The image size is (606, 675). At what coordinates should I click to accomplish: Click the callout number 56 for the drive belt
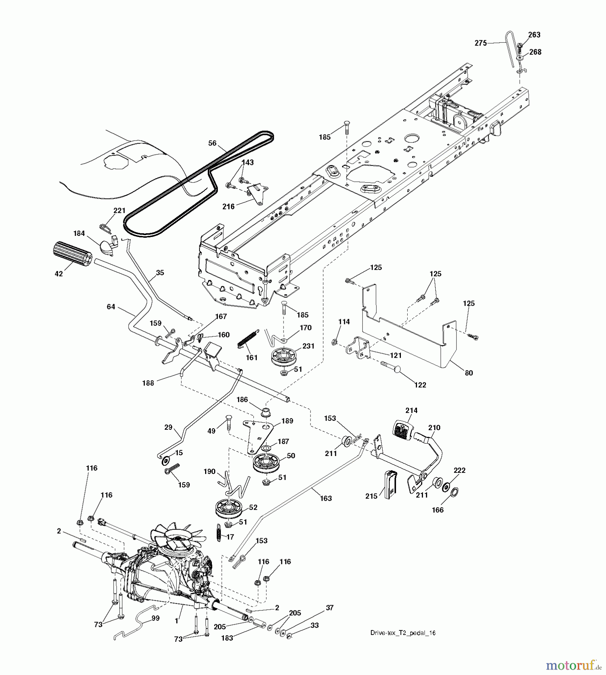pyautogui.click(x=212, y=143)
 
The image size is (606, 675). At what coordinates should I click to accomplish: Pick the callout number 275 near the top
pyautogui.click(x=481, y=43)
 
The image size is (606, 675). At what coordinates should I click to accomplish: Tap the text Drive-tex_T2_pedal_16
pyautogui.click(x=403, y=633)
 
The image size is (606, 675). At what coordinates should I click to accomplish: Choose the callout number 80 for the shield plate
pyautogui.click(x=469, y=373)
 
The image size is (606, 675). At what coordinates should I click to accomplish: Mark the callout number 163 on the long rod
pyautogui.click(x=326, y=498)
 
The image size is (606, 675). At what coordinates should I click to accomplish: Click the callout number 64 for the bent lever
pyautogui.click(x=111, y=307)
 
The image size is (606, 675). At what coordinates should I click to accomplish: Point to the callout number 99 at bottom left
pyautogui.click(x=155, y=618)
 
